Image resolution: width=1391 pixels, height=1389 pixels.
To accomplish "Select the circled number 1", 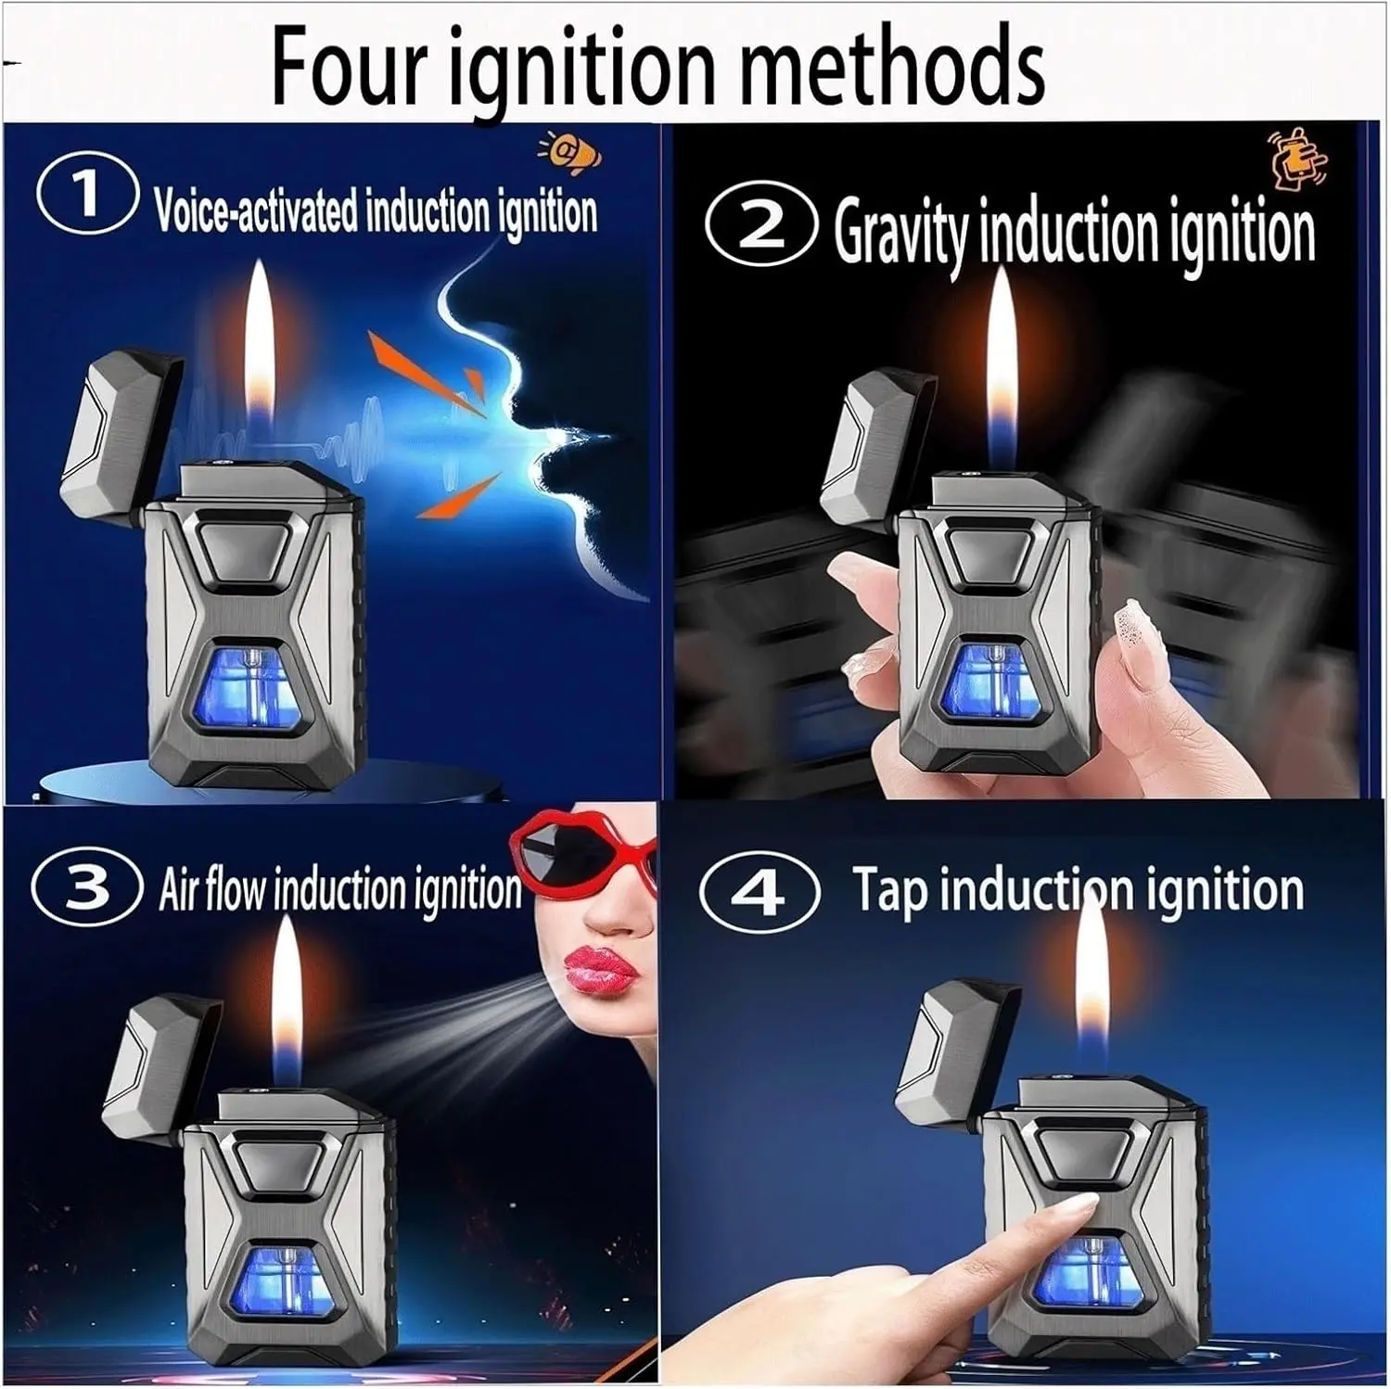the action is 87,196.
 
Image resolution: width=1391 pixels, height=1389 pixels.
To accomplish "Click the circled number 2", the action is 760,228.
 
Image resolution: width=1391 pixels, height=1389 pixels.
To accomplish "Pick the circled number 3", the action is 87,887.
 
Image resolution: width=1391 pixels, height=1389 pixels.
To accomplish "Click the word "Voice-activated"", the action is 255,210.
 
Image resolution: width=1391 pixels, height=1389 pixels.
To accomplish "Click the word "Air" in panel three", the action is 178,888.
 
